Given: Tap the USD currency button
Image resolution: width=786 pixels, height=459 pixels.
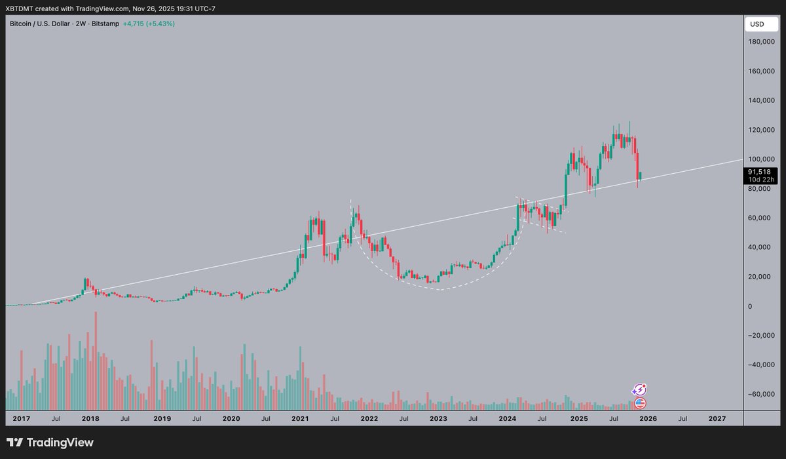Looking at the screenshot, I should (757, 24).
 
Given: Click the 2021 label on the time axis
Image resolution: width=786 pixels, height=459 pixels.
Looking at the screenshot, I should (301, 418).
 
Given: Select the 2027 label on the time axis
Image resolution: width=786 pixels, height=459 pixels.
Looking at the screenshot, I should (717, 418).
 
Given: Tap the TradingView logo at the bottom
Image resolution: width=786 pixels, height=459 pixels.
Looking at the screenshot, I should (50, 443).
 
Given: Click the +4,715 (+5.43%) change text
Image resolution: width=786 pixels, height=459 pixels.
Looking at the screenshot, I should (148, 24).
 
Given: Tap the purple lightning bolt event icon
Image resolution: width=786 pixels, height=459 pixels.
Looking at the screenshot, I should (640, 390).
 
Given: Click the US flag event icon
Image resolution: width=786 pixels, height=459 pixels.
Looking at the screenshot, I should (640, 403).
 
